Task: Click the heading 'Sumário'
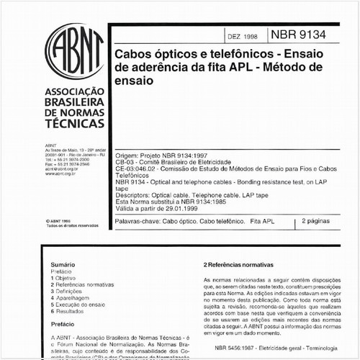coord(63,265)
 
